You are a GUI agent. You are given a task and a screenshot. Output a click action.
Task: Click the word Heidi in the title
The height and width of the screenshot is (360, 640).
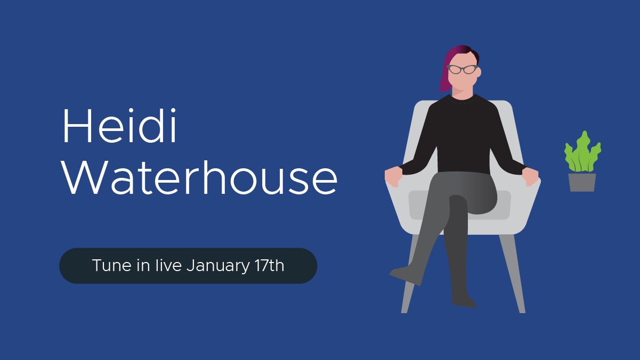(x=119, y=125)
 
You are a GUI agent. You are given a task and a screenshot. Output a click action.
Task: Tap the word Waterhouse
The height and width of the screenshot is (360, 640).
(x=200, y=177)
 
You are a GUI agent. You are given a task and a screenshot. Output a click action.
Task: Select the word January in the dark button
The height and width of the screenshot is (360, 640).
(x=218, y=266)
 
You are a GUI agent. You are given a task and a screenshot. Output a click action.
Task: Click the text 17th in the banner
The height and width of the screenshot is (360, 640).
(x=269, y=265)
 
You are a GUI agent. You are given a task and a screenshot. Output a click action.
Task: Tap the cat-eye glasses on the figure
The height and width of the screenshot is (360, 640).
(x=462, y=69)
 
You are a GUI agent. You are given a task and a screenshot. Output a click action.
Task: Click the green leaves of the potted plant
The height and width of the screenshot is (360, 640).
(x=582, y=153)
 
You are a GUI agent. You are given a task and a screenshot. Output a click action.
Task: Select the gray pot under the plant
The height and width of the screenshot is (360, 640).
(x=582, y=183)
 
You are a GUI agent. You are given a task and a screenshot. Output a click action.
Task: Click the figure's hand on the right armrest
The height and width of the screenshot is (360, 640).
(x=530, y=177)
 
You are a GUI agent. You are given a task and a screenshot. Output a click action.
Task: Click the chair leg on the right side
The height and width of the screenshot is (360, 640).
(x=513, y=274)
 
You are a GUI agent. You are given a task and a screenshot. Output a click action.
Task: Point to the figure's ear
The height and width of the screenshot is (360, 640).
(x=479, y=72)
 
